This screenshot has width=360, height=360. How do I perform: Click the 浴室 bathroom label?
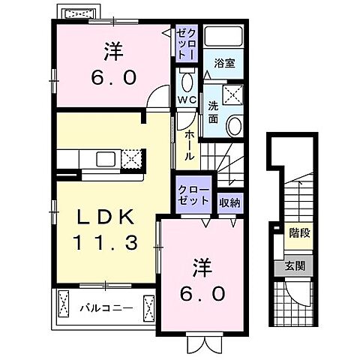(x=225, y=63)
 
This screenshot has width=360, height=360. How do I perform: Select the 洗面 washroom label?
(x=213, y=112)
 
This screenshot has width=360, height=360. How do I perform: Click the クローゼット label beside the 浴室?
(x=187, y=43)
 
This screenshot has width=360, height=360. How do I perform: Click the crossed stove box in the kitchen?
(x=132, y=158)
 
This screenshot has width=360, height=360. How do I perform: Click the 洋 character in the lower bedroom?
(x=200, y=266)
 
